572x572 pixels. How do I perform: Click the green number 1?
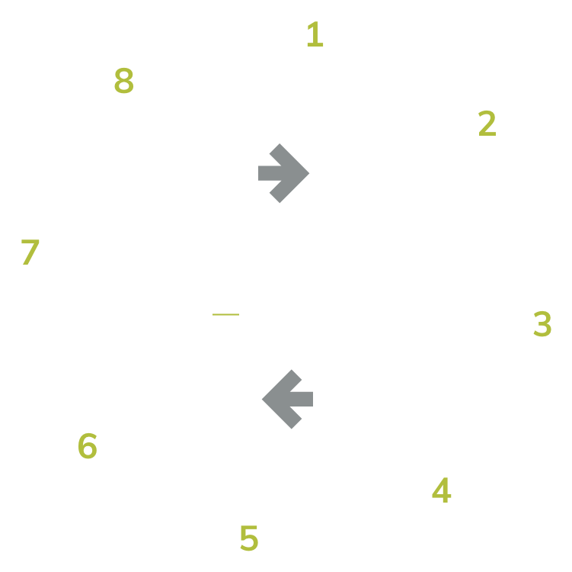pyautogui.click(x=315, y=34)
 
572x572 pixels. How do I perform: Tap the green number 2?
pyautogui.click(x=487, y=124)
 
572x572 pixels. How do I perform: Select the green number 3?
pyautogui.click(x=542, y=324)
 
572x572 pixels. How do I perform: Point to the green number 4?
pyautogui.click(x=441, y=491)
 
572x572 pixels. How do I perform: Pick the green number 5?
pyautogui.click(x=248, y=538)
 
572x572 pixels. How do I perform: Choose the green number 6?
pyautogui.click(x=88, y=446)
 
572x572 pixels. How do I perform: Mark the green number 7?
pyautogui.click(x=30, y=252)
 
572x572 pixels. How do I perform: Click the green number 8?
pyautogui.click(x=123, y=82)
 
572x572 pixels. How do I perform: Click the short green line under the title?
pyautogui.click(x=220, y=313)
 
